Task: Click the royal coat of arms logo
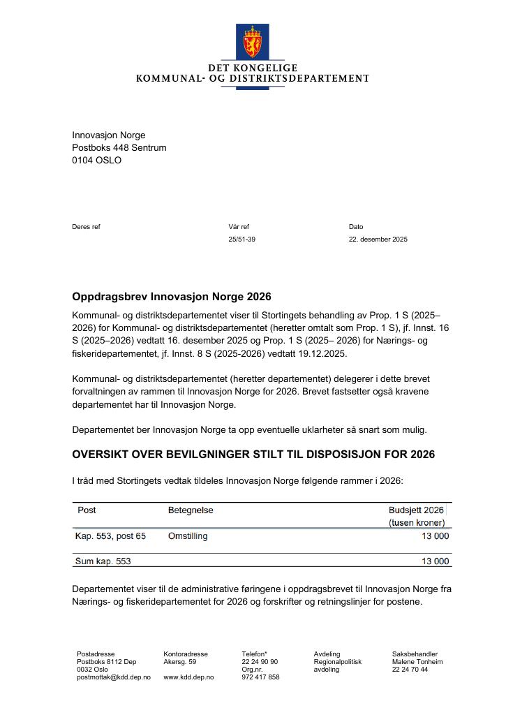(252, 42)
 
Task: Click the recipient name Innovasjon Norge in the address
(108, 135)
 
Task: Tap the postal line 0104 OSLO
(96, 160)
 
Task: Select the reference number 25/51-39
(241, 239)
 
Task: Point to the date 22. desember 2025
(378, 239)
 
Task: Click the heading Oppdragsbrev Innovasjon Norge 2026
(171, 297)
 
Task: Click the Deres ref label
(86, 227)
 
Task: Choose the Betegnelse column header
(191, 510)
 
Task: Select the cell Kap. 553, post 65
(110, 536)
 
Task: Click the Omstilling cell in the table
(188, 536)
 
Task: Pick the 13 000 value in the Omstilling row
(435, 536)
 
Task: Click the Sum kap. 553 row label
(103, 561)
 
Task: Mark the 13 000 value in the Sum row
(435, 561)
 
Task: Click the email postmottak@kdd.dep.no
(113, 677)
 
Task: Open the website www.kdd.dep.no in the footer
(188, 677)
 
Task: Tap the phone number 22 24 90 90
(260, 662)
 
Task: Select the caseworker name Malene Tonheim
(417, 662)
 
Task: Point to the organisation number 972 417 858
(260, 677)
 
